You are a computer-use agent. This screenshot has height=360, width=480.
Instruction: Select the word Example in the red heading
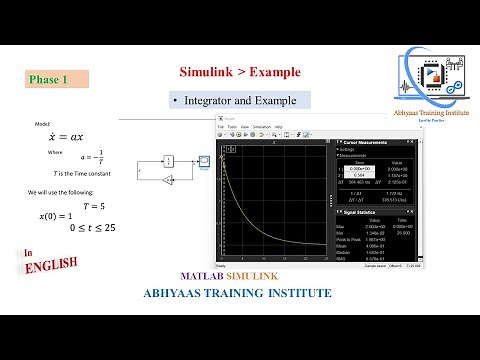pyautogui.click(x=273, y=72)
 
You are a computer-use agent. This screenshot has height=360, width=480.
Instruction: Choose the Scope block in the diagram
pyautogui.click(x=203, y=160)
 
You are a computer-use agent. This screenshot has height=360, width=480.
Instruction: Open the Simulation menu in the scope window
pyautogui.click(x=261, y=127)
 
